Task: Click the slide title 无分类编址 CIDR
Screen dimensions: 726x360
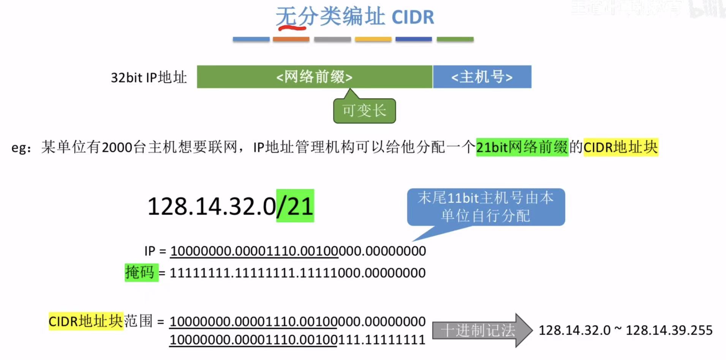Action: tap(354, 17)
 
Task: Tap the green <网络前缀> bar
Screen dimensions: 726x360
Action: tap(314, 77)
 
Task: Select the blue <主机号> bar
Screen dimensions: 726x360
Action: tap(482, 77)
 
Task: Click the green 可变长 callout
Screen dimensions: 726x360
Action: tap(364, 111)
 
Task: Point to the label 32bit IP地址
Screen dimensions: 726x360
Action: tap(149, 77)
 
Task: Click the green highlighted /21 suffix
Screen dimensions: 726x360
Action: tap(295, 206)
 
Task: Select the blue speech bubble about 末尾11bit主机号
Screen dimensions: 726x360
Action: tap(486, 207)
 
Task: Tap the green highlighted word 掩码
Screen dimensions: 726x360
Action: tap(141, 272)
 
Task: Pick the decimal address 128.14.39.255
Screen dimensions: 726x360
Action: tap(669, 330)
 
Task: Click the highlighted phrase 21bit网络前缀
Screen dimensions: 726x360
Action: tap(522, 147)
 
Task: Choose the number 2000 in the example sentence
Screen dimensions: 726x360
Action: tap(117, 147)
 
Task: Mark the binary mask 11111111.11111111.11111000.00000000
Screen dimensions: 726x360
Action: tap(297, 273)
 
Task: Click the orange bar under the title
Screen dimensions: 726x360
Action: tap(291, 39)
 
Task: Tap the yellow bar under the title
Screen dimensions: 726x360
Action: tap(373, 39)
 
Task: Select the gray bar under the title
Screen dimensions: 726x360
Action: tap(332, 39)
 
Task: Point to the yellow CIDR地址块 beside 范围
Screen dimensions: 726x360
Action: tap(86, 321)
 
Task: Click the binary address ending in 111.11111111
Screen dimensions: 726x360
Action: tap(297, 339)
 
